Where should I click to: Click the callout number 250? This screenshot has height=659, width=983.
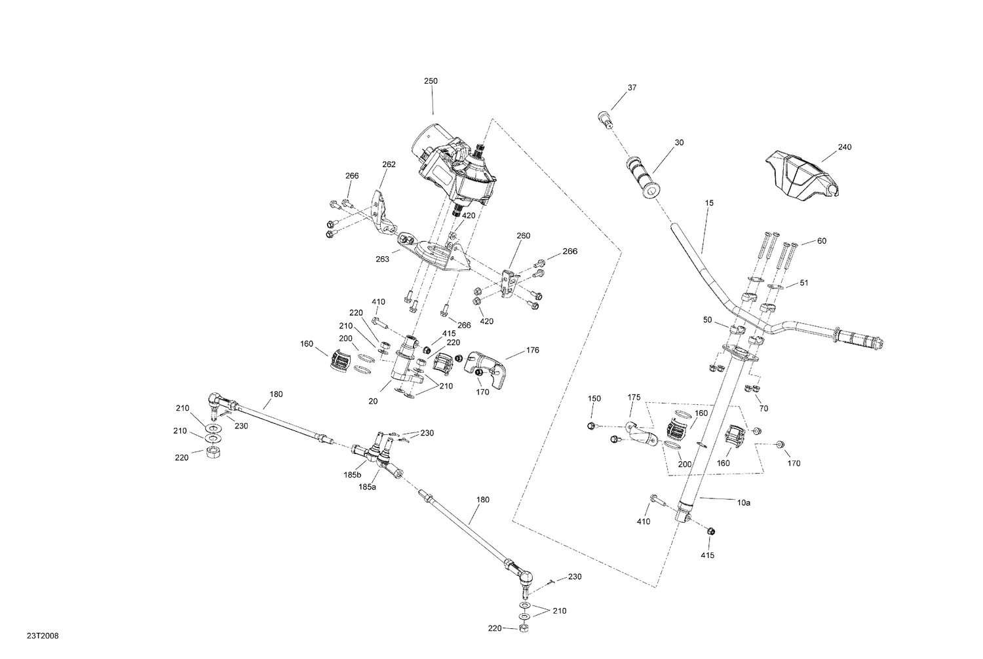point(431,81)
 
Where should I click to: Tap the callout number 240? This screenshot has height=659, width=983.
point(845,147)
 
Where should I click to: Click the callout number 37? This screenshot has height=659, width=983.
point(632,88)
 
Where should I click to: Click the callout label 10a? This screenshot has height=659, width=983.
point(743,502)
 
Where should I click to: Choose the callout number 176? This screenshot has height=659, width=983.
point(532,350)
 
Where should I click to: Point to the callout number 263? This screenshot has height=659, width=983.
point(383,259)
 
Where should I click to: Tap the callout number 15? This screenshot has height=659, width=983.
point(709,203)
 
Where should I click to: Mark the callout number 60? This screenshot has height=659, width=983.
point(822,241)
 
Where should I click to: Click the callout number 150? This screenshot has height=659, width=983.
point(594,398)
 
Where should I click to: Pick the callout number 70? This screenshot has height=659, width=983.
point(763,409)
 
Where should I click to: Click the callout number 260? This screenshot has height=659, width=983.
point(523,236)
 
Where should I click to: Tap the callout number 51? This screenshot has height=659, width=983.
point(804,284)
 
